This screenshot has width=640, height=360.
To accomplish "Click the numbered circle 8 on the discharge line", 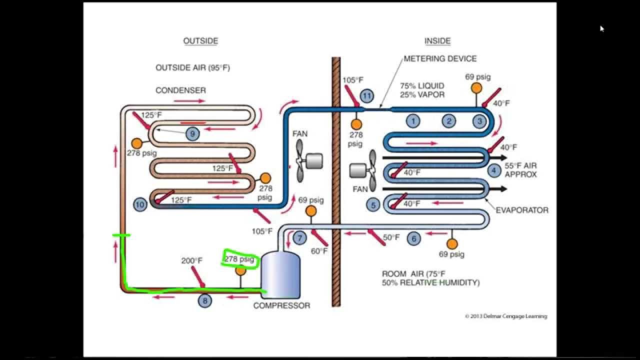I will click(x=204, y=300).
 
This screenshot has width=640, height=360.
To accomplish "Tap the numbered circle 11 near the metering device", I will click(x=367, y=95).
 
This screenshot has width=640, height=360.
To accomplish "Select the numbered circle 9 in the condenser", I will click(x=192, y=133).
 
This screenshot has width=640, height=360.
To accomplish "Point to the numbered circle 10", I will click(x=140, y=204).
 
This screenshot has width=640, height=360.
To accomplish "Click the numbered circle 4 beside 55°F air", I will click(x=494, y=170).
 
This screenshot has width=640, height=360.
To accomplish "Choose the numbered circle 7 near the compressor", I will click(x=299, y=238).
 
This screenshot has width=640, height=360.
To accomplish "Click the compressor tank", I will click(x=280, y=274).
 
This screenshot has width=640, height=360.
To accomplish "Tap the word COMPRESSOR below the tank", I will click(x=281, y=305).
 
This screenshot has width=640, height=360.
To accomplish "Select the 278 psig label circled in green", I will click(x=239, y=259).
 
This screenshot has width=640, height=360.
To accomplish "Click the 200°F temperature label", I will click(x=191, y=260).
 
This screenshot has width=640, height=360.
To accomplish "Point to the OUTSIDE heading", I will click(x=200, y=41).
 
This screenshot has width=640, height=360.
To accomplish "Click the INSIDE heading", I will click(x=437, y=41).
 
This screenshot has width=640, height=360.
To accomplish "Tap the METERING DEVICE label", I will click(x=440, y=58).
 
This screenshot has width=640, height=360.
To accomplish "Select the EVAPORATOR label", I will click(x=521, y=210).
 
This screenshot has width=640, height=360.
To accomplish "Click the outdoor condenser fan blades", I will click(x=299, y=160).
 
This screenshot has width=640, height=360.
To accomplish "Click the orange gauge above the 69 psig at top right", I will click(x=476, y=88).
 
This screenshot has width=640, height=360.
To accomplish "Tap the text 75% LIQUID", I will click(x=422, y=86).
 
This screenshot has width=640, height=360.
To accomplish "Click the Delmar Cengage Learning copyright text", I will click(x=505, y=316).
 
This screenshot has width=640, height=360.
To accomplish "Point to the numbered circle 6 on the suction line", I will click(x=413, y=238).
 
